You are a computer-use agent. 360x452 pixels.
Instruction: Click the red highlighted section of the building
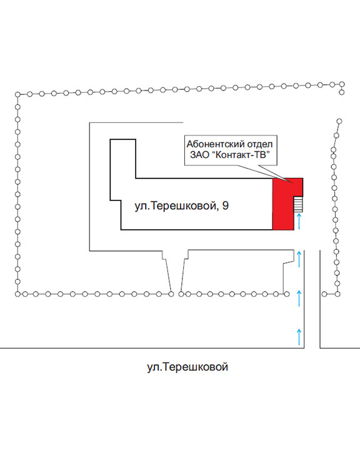click(283, 204)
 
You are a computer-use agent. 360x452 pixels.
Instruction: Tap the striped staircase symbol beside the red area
click(298, 204)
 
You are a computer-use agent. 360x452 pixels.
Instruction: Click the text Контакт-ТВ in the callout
click(241, 155)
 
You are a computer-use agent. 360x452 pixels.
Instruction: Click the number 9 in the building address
click(226, 205)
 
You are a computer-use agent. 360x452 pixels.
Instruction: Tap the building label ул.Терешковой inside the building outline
click(176, 206)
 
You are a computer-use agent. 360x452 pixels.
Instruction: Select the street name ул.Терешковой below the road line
click(187, 367)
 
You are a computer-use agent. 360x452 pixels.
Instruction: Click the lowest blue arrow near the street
click(299, 337)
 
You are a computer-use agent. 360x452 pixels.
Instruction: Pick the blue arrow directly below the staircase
click(299, 221)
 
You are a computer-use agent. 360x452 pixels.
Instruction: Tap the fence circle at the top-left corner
click(17, 94)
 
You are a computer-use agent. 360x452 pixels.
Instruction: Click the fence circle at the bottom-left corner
click(17, 294)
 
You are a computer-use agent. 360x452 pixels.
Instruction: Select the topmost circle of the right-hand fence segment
click(339, 121)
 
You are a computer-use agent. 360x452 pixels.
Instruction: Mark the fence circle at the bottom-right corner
click(337, 294)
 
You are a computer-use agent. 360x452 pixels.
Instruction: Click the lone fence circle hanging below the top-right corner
click(342, 92)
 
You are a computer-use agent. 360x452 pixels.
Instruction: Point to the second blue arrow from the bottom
click(299, 298)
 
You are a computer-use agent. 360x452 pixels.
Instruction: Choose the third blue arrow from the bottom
click(299, 259)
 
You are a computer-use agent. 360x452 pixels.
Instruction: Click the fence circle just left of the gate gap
click(171, 294)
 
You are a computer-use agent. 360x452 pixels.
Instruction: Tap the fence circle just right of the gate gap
click(181, 294)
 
